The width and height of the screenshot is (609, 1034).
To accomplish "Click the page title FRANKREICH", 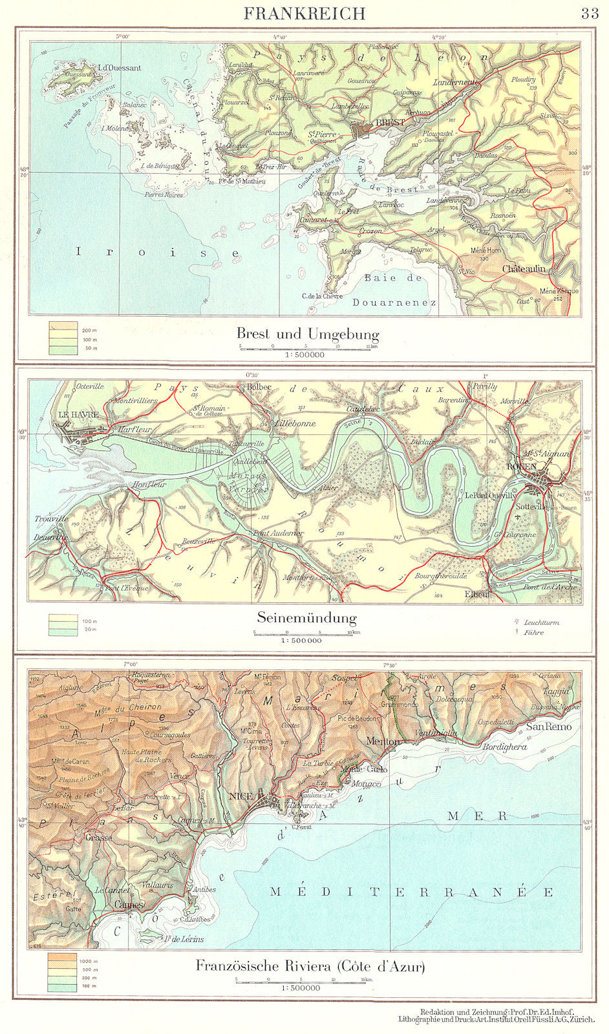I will pyautogui.click(x=304, y=13).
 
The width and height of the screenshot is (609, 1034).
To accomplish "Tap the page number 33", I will pyautogui.click(x=589, y=14).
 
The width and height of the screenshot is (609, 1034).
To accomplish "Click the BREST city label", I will pyautogui.click(x=390, y=122).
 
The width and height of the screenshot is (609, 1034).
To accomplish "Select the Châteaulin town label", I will pyautogui.click(x=524, y=268).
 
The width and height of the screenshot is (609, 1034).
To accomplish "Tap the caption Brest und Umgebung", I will pyautogui.click(x=307, y=334).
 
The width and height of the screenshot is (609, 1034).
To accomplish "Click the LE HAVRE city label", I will pyautogui.click(x=78, y=414).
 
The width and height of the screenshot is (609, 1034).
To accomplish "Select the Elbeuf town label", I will pyautogui.click(x=478, y=593).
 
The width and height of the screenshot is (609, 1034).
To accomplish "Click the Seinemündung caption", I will pyautogui.click(x=307, y=617).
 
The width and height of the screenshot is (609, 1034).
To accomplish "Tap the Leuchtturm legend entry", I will pyautogui.click(x=541, y=622).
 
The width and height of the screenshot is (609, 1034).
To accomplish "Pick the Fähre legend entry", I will pyautogui.click(x=534, y=633).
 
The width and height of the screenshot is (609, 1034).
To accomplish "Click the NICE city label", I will pyautogui.click(x=241, y=796).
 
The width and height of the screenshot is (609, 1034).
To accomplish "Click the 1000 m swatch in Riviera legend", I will pyautogui.click(x=63, y=960).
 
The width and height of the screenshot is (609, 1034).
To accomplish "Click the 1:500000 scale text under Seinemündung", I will pyautogui.click(x=302, y=641).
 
